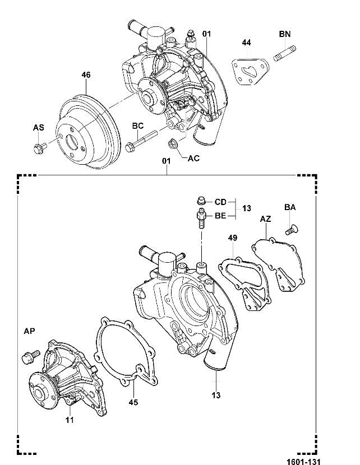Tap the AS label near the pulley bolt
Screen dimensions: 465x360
pyautogui.click(x=38, y=128)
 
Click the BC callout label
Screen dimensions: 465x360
pyautogui.click(x=139, y=125)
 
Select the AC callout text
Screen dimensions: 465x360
pyautogui.click(x=193, y=159)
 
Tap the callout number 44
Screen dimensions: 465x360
pyautogui.click(x=247, y=43)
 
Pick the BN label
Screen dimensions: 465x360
pyautogui.click(x=284, y=35)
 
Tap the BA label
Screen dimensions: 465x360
pyautogui.click(x=289, y=207)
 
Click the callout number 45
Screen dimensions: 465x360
pyautogui.click(x=133, y=402)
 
